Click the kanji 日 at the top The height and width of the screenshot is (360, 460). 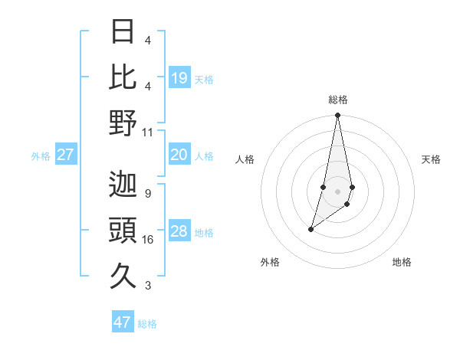coord(123,31)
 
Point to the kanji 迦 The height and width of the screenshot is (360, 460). coord(123,184)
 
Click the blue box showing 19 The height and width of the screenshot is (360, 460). coord(179,78)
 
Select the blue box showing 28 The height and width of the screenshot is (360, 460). coord(179,232)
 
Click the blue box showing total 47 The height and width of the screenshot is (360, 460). coord(123,322)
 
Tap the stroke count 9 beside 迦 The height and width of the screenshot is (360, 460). coord(148,193)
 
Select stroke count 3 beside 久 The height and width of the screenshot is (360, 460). coord(148,286)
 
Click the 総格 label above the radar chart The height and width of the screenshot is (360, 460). coord(337,100)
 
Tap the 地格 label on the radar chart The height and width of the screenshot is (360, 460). coord(402,263)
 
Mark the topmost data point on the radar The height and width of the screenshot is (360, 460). coord(337,116)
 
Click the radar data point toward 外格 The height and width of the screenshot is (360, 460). coord(311,229)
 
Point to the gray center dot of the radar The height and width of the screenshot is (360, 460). coord(337,191)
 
